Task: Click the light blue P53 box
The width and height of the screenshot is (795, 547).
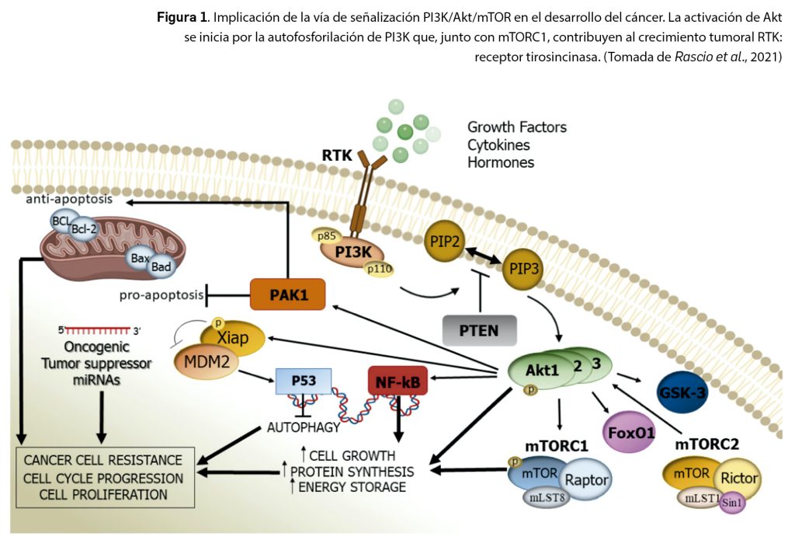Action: point(304,382)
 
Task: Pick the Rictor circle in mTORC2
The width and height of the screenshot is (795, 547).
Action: point(738,478)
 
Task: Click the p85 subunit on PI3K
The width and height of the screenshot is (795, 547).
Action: point(328,234)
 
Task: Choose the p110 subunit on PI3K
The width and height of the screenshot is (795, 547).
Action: point(380,268)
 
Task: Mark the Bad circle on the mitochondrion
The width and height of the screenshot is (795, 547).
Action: point(162,267)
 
